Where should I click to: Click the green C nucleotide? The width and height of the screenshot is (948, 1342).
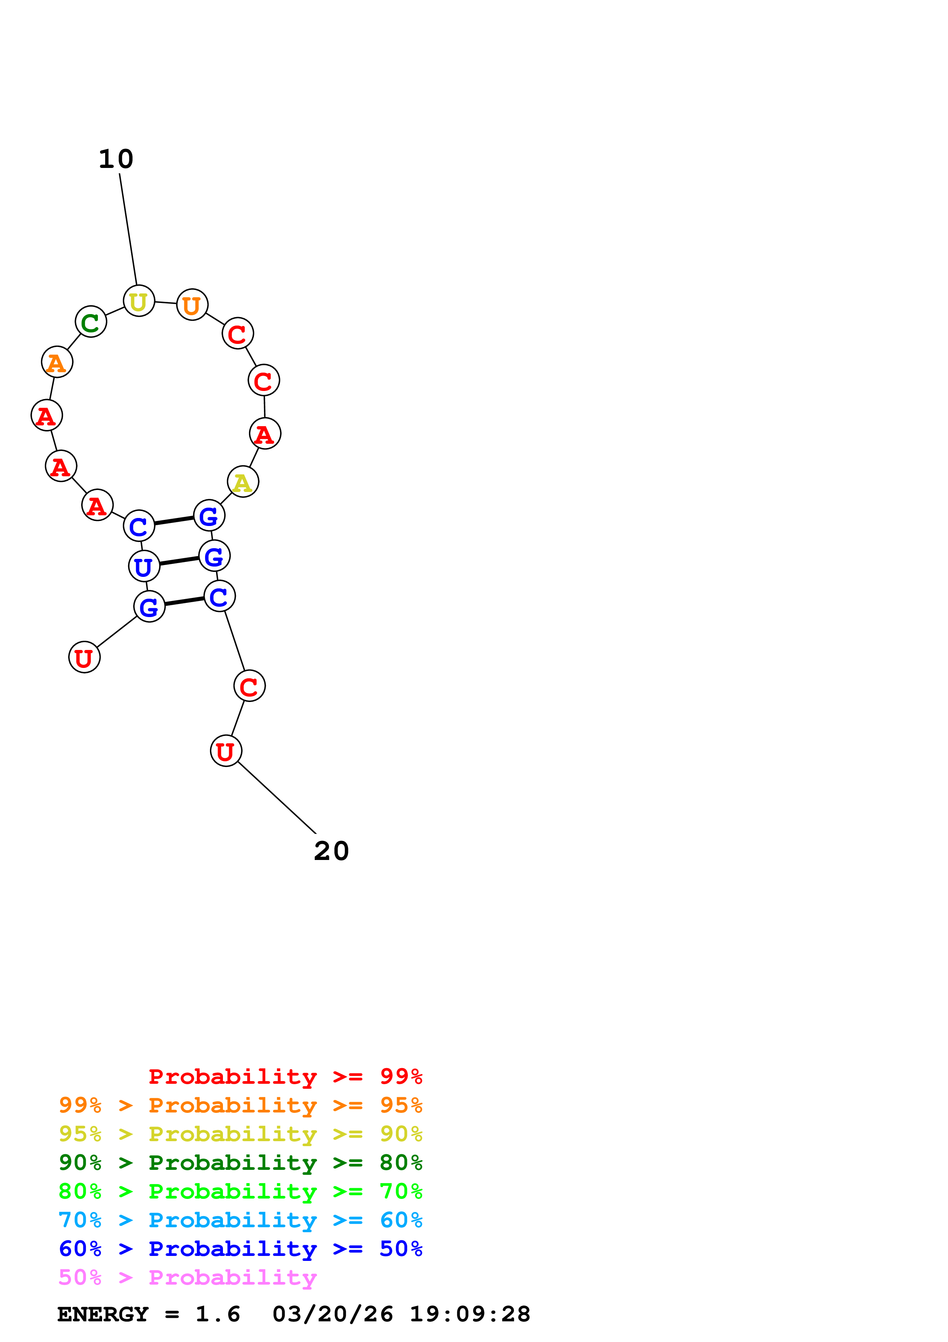point(91,321)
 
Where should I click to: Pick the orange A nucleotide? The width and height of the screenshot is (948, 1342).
point(57,362)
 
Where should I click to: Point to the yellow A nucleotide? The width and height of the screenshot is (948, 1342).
point(243,482)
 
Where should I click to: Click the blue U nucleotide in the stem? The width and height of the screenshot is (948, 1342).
point(144,566)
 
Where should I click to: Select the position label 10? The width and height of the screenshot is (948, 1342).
point(115,159)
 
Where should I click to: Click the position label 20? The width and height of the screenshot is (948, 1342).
point(331,851)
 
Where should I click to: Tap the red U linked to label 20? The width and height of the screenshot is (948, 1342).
point(226,751)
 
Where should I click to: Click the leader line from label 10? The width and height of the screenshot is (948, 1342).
point(128,229)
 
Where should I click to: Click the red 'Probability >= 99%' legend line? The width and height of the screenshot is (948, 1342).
point(286,1077)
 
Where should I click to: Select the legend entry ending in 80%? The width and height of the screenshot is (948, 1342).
point(241,1163)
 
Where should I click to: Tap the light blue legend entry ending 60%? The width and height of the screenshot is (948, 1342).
point(241,1220)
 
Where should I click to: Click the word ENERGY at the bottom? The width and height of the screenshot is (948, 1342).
point(103,1314)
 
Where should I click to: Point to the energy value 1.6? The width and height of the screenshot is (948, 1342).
point(218,1314)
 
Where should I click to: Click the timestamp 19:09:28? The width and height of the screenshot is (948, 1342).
point(470,1314)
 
